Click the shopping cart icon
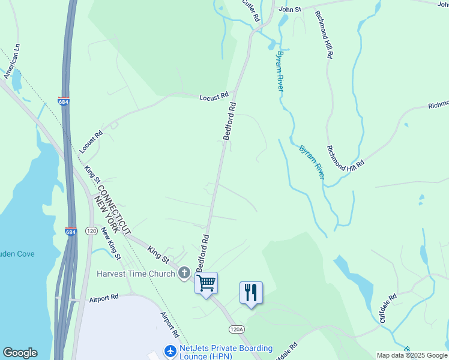point(206,282)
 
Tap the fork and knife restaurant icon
point(251,292)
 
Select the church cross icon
point(184,274)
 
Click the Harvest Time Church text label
point(136,274)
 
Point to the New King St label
point(111,243)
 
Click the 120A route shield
point(237,329)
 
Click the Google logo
point(20,353)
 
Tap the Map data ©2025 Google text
point(412,355)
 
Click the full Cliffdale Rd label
point(388,308)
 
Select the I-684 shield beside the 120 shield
point(71,232)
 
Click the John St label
point(289,9)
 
